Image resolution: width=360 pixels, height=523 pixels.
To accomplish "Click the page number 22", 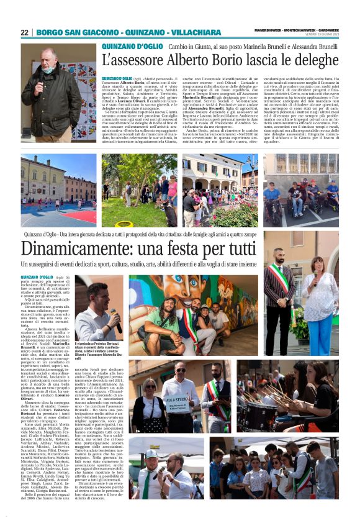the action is (x=24, y=32).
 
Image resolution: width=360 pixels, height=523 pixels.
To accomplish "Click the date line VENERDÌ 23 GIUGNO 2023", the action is (x=318, y=35).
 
